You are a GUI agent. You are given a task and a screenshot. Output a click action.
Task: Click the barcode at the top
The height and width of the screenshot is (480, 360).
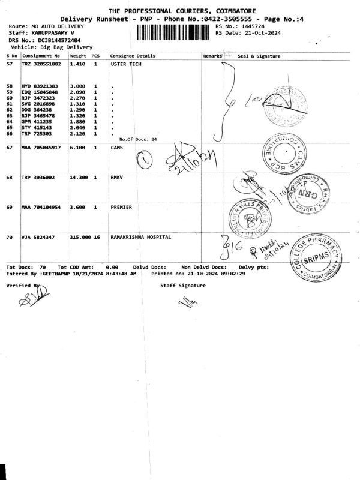[x=175, y=31]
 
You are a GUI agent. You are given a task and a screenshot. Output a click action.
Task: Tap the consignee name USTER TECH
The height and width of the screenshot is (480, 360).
[x=126, y=63]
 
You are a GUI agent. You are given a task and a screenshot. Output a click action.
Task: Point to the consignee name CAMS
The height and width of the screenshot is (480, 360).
[x=117, y=148]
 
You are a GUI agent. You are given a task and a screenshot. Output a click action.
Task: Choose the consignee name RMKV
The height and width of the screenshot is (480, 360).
[x=117, y=178]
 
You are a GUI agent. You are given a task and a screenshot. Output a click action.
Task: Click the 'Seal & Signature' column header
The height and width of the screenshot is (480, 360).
[x=259, y=56]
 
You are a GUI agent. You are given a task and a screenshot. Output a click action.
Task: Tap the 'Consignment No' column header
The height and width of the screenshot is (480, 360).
[x=41, y=56]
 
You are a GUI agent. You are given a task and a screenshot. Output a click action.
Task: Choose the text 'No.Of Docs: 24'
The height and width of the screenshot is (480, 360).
[x=138, y=139]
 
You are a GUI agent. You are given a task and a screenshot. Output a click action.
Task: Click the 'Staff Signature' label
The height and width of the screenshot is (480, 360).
[x=183, y=286]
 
